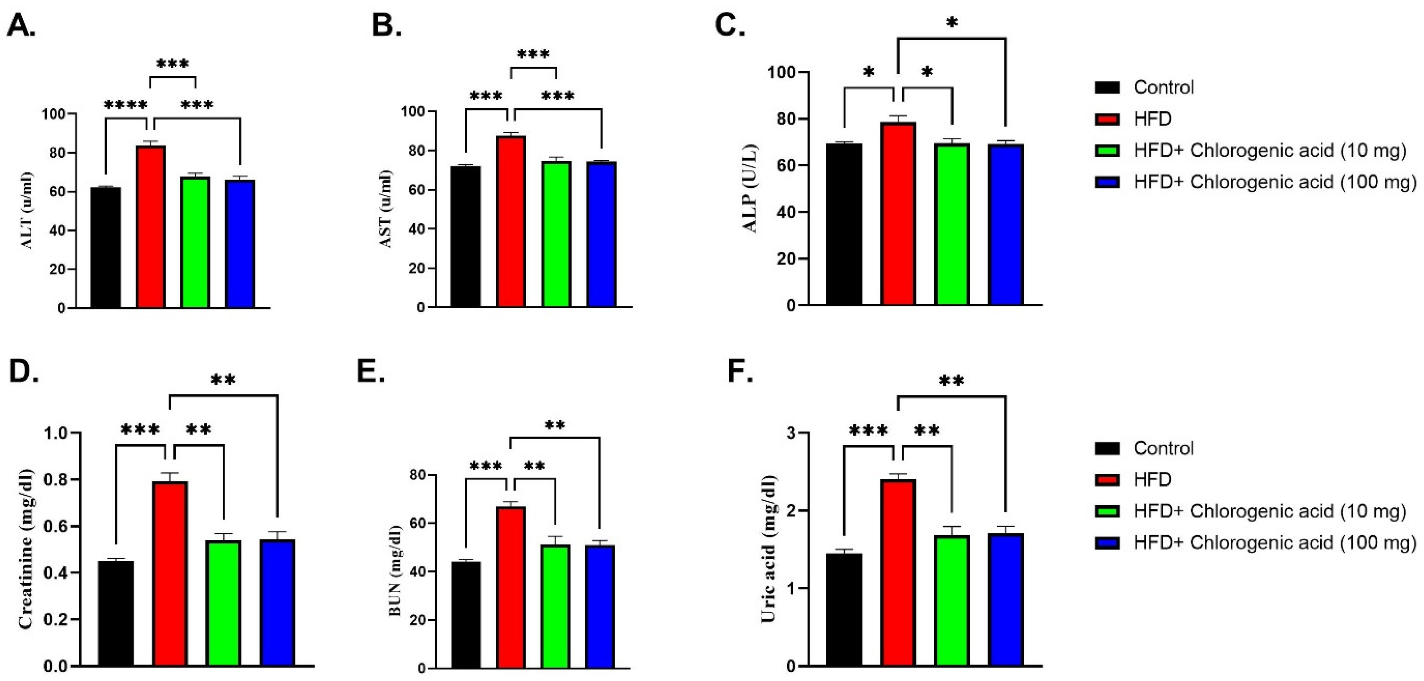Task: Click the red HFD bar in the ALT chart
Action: pos(151,227)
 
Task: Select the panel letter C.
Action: pos(730,25)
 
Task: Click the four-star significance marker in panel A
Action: pos(126,105)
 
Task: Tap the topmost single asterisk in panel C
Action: pos(951,23)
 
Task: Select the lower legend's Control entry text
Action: pos(1163,448)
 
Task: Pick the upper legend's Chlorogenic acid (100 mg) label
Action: pos(1275,182)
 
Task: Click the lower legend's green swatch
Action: pos(1107,511)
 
